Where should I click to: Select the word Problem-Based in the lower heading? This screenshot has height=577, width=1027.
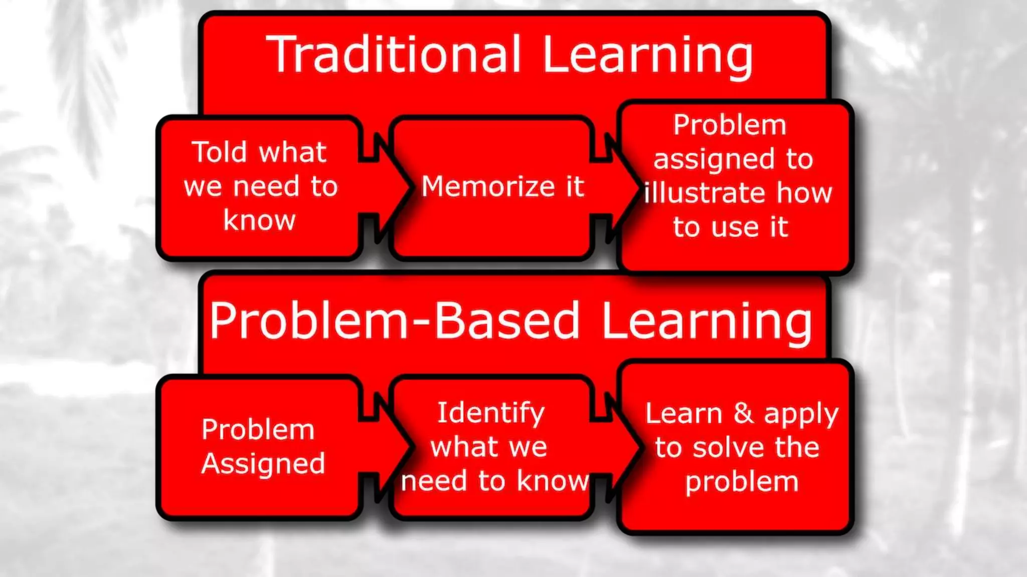click(394, 321)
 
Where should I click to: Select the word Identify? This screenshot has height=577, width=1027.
click(490, 414)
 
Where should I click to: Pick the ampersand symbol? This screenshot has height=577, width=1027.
click(743, 413)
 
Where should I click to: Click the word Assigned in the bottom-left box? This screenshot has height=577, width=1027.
click(263, 464)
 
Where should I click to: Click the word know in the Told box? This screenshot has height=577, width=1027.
click(259, 220)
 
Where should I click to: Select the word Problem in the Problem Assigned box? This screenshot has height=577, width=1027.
click(258, 430)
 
